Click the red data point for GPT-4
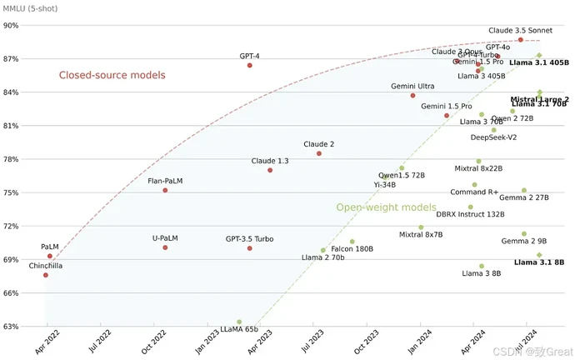(249, 65)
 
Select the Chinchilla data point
(46, 275)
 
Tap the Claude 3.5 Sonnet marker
(521, 40)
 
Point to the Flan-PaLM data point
(165, 190)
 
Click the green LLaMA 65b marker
(239, 322)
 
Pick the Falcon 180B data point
(352, 242)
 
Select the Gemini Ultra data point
(412, 96)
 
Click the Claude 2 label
(318, 144)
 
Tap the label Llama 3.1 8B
(539, 262)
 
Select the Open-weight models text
(386, 207)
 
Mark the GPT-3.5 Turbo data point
(249, 248)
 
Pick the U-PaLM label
(165, 238)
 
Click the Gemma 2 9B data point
(524, 234)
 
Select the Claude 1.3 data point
(270, 170)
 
